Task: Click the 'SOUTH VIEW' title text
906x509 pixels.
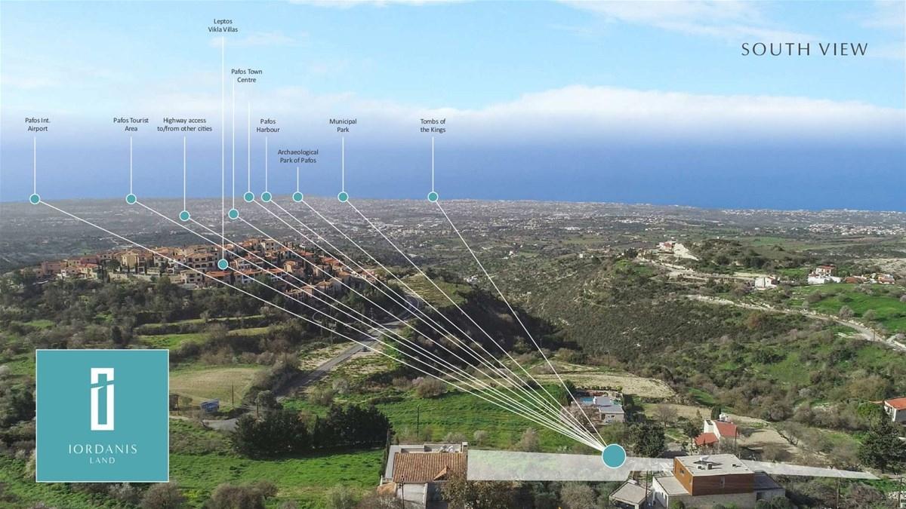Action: click(x=805, y=49)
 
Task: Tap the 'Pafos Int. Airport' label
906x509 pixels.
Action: click(x=38, y=124)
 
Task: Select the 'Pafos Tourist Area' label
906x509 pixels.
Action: click(x=131, y=124)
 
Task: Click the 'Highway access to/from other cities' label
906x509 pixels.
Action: click(x=184, y=124)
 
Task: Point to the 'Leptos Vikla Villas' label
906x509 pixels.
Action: click(x=223, y=26)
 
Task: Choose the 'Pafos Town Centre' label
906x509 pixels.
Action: click(x=246, y=75)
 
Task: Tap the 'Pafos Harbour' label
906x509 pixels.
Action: click(x=268, y=126)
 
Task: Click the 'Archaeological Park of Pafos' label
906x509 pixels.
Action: click(x=297, y=156)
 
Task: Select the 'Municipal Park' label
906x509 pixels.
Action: click(x=343, y=126)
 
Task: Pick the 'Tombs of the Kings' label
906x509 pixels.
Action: click(x=433, y=126)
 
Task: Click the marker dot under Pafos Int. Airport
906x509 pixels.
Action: click(x=35, y=199)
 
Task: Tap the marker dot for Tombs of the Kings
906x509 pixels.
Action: click(x=433, y=197)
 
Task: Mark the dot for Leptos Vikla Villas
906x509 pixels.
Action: click(x=223, y=265)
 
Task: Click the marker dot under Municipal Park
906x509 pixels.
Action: click(x=343, y=197)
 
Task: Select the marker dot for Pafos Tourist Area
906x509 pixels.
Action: click(x=131, y=199)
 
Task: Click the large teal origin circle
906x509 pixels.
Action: click(x=614, y=456)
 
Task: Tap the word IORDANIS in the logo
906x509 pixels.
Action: click(x=103, y=449)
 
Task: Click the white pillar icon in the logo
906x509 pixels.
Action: click(x=102, y=399)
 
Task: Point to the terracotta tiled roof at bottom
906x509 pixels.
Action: click(x=430, y=467)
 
